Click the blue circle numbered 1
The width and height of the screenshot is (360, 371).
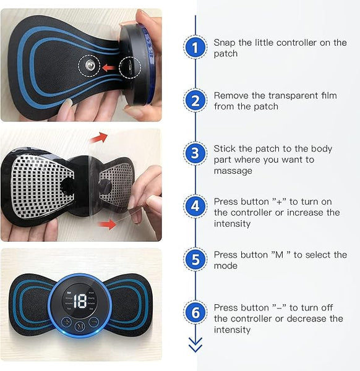(x=195, y=47)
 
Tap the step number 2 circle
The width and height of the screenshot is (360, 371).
(x=195, y=100)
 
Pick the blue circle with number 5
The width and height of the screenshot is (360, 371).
(x=195, y=260)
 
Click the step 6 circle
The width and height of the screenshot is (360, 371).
(x=195, y=313)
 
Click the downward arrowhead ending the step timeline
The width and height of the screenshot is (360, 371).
(x=195, y=347)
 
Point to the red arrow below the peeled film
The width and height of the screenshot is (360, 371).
(x=108, y=224)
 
